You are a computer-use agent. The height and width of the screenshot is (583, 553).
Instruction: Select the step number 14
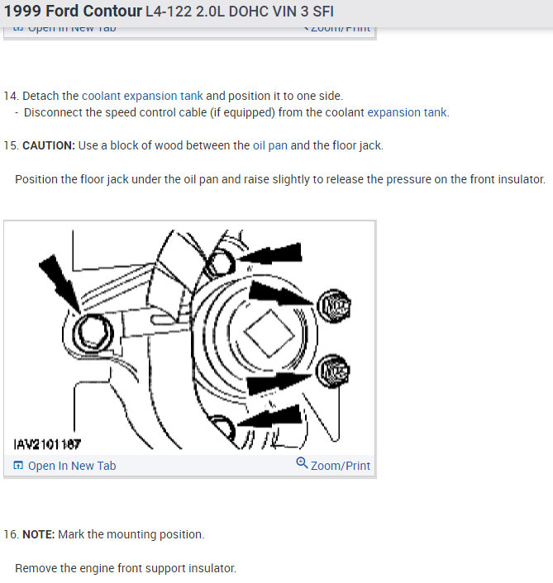pos(10,96)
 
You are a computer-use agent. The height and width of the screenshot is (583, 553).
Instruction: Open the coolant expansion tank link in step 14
pos(141,96)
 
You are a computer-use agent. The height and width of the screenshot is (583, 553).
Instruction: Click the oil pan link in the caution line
pos(269,145)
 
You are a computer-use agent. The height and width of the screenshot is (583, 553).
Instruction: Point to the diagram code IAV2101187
pos(47,443)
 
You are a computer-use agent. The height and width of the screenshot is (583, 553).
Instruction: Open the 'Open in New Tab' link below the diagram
pos(71,466)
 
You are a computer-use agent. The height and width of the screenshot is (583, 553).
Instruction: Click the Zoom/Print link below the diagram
pos(340,466)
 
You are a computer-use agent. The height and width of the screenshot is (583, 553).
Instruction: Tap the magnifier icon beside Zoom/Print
pos(302,464)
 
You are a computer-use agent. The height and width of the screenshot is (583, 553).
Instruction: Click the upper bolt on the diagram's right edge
pos(334,307)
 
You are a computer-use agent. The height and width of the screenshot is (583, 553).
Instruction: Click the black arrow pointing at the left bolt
pos(57,280)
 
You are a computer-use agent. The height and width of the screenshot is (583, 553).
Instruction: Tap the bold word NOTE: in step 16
pos(39,534)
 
